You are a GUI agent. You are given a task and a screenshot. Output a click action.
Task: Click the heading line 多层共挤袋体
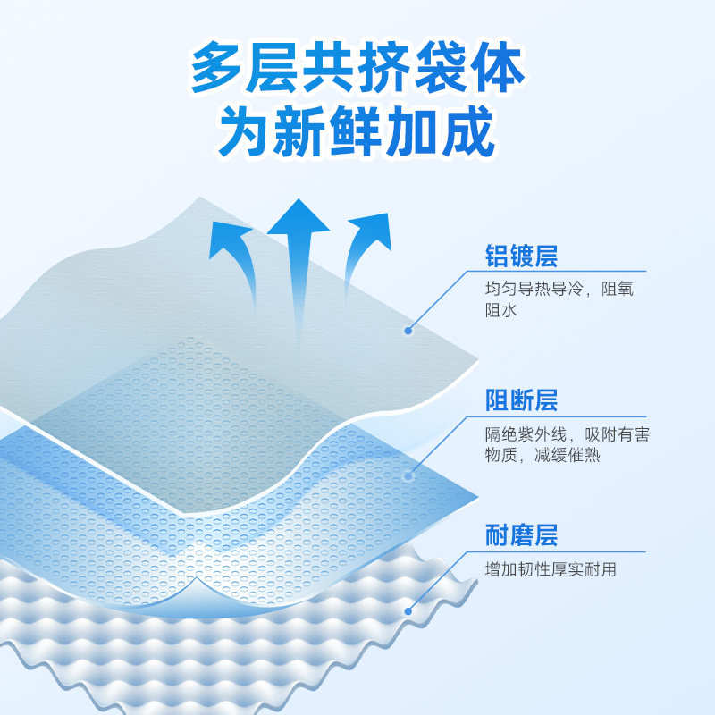(357, 67)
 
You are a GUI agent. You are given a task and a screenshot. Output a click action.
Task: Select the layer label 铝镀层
(521, 256)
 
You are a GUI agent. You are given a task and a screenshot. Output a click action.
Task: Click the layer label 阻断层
(521, 400)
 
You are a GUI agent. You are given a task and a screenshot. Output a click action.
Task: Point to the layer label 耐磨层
(521, 535)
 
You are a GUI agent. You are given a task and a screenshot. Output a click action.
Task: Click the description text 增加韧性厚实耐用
(551, 569)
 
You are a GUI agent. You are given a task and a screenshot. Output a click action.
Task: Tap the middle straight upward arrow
(299, 269)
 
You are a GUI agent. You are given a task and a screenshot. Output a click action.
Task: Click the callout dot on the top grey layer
(408, 331)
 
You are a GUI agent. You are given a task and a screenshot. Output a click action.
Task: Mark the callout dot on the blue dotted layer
(408, 476)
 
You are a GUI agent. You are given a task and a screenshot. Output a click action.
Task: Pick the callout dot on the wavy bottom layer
(408, 611)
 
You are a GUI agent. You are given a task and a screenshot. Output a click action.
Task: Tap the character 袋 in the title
(441, 67)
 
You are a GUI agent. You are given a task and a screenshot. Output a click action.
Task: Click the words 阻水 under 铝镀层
(500, 310)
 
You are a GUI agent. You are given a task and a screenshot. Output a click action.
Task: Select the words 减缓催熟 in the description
(567, 456)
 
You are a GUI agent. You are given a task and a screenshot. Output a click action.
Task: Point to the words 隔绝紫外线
(526, 434)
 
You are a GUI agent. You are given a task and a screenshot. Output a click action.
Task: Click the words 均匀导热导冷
(534, 289)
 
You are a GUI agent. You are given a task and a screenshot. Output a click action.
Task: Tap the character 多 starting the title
(216, 67)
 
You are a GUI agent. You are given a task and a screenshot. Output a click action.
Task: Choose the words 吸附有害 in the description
(617, 434)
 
